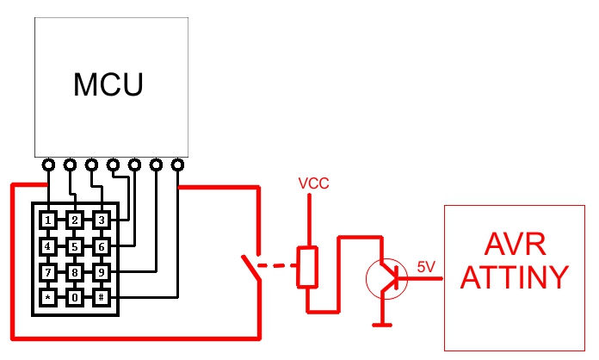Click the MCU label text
[108, 84]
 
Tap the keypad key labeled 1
[47, 220]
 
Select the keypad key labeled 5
[75, 246]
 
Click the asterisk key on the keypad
[47, 297]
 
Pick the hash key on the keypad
[102, 297]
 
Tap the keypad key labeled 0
[75, 297]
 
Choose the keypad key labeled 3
[102, 220]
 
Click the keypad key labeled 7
[47, 272]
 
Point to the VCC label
[313, 183]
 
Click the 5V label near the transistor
[426, 267]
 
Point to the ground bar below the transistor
[382, 326]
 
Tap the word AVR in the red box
[515, 245]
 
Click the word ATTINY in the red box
[515, 277]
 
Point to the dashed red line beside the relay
[277, 265]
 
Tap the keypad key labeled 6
[102, 246]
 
